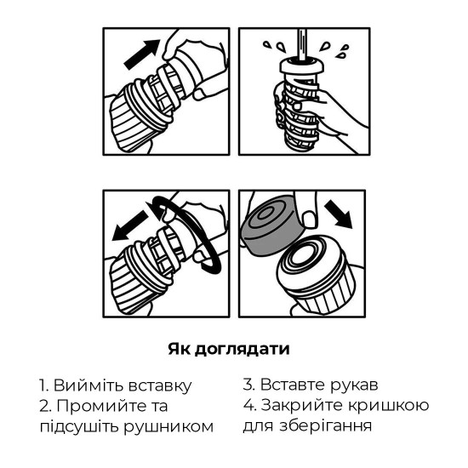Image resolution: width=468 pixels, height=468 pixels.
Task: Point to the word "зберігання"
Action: coord(332,425)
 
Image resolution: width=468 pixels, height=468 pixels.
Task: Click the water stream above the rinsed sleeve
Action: coord(300,41)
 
